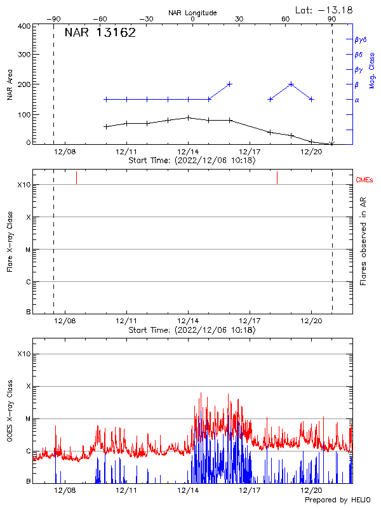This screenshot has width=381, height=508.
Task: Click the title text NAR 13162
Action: coord(100,33)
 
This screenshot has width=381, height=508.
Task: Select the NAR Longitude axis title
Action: coord(192,13)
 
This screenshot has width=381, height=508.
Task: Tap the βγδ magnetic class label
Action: coord(360,39)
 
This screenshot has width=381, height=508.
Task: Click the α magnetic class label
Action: coord(357,100)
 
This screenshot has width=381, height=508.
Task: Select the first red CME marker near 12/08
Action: coord(76,177)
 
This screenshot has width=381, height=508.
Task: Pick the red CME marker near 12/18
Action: coord(277,177)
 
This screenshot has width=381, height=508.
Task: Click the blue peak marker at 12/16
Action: coord(229,84)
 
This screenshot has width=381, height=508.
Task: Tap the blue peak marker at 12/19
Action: coord(291,84)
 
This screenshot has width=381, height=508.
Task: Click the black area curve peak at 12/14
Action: coord(189,117)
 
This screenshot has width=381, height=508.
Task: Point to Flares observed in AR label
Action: coord(364,243)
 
